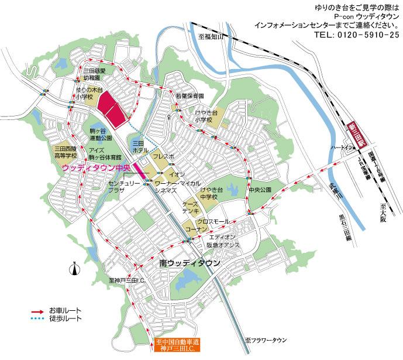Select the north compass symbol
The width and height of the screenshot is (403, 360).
[74, 269]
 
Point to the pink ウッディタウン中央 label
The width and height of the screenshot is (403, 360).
[95, 167]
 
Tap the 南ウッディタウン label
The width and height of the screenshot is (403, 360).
[190, 264]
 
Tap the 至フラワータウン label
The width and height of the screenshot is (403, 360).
[266, 340]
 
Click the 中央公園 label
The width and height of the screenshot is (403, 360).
[260, 190]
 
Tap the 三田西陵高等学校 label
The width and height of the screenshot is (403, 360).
[66, 153]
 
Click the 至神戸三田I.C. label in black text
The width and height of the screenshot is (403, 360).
[127, 281]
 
